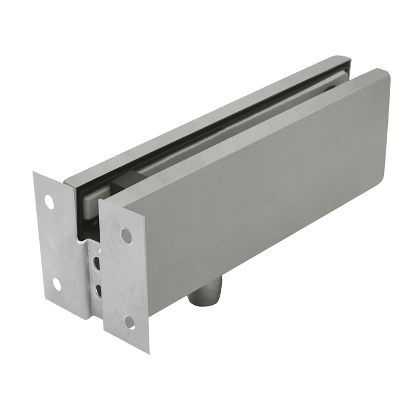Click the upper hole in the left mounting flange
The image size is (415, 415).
pos(49,203)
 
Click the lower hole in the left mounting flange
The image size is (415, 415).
pos(57,283)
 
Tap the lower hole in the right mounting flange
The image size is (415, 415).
pos(130,321)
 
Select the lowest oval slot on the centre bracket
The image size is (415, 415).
pos(97,288)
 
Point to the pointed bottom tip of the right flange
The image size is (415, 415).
pos(148,353)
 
